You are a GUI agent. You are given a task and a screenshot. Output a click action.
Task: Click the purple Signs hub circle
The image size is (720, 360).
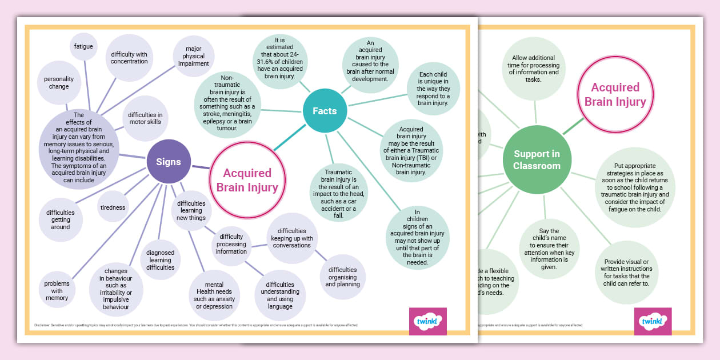click(x=169, y=162)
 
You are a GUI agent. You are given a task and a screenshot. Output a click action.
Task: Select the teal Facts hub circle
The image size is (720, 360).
click(x=324, y=111)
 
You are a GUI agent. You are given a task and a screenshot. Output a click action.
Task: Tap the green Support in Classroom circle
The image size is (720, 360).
click(x=536, y=160)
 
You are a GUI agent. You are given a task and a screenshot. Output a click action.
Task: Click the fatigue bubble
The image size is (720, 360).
click(x=83, y=46)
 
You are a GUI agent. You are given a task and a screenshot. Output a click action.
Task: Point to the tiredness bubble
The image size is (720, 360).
click(x=113, y=207)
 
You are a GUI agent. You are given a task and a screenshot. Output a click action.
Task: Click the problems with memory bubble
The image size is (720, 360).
click(x=57, y=290)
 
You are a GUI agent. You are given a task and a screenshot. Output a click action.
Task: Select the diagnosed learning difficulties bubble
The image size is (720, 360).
click(x=160, y=260)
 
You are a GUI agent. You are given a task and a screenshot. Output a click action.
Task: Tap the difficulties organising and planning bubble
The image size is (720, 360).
click(x=343, y=277)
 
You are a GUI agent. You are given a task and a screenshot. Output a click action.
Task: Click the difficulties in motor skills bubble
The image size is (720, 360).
click(x=145, y=118)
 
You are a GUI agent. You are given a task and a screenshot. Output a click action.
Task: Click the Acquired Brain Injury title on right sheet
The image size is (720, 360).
click(x=615, y=95)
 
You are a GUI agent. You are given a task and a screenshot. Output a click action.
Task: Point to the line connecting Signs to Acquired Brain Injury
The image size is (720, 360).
click(x=201, y=167)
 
